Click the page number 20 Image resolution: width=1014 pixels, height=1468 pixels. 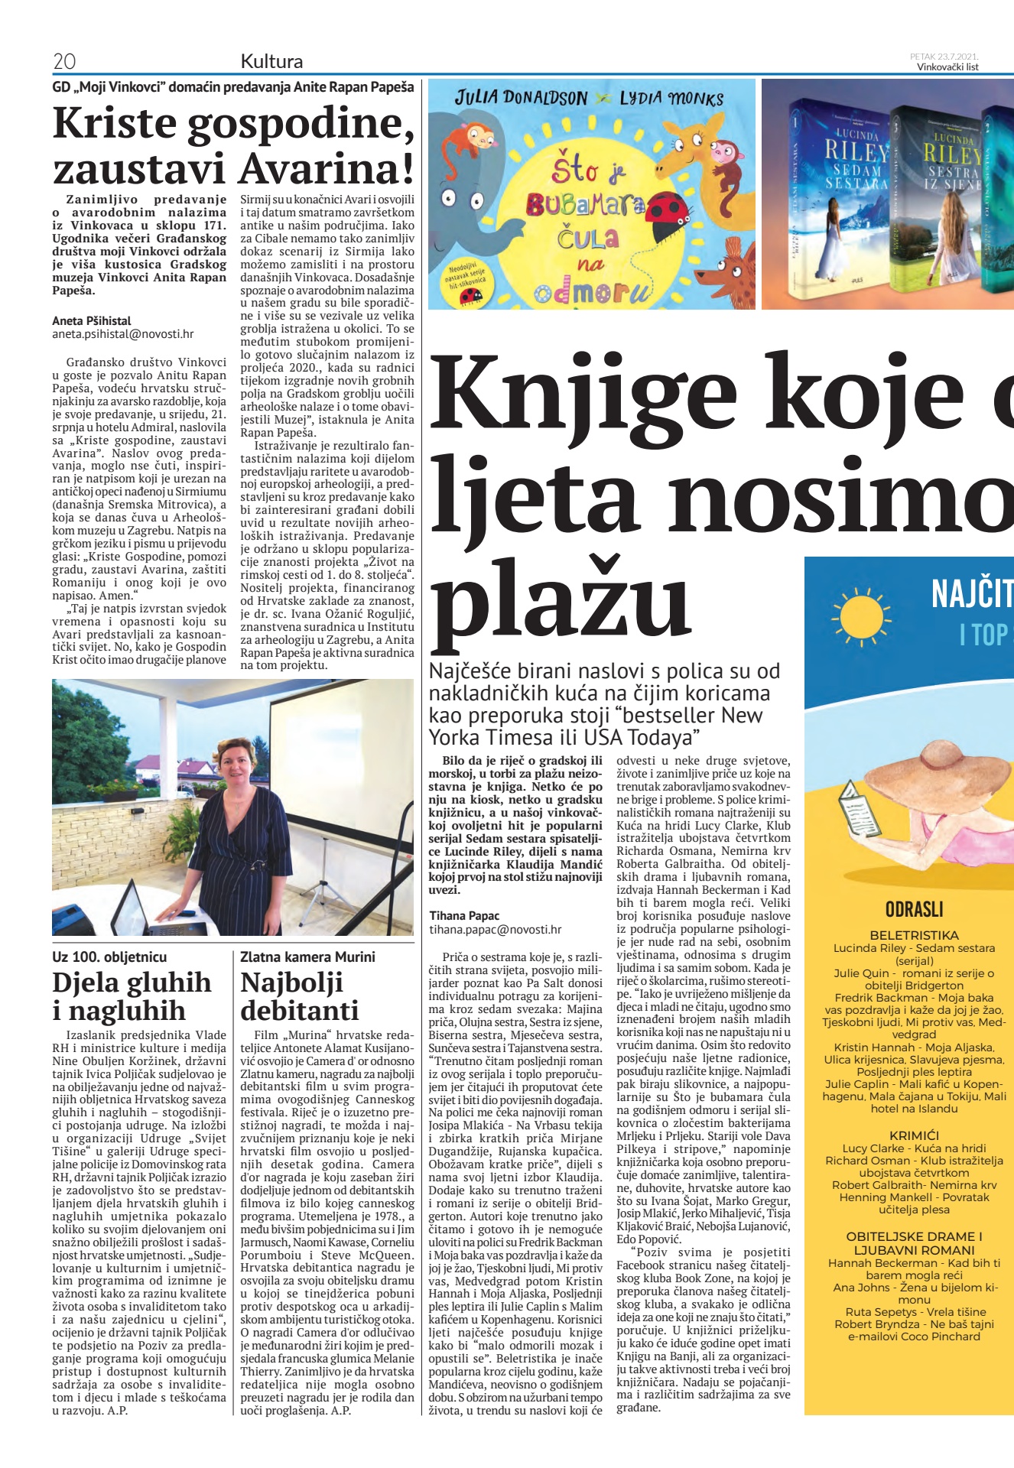point(64,61)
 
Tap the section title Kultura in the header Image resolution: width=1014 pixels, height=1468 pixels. point(271,61)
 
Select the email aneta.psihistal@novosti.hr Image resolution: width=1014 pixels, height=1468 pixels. point(123,334)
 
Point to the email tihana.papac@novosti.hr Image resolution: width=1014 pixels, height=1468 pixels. point(495,930)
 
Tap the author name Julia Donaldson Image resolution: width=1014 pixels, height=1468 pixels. point(521,99)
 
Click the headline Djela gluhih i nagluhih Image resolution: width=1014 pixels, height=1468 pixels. point(132,996)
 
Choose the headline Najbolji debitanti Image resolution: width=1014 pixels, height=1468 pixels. point(299,996)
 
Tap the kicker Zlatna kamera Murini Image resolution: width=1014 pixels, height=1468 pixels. point(307,956)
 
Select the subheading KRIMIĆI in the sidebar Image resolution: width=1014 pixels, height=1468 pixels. point(914,1135)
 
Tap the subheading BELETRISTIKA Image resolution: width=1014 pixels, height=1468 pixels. point(914,935)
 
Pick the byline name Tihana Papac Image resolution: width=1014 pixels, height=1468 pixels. point(464,916)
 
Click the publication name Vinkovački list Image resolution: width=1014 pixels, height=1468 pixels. point(947,67)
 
